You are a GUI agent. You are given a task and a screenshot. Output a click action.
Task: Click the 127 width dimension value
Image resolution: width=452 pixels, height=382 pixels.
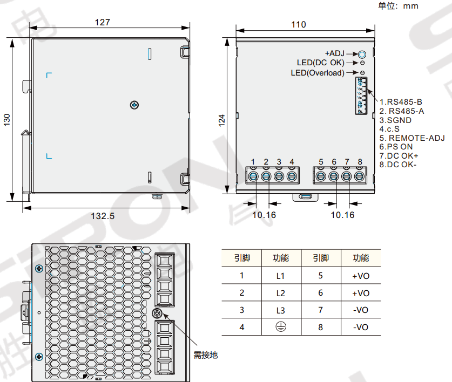click(x=102, y=22)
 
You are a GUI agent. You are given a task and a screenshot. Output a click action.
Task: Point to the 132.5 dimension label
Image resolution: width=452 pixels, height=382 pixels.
click(x=102, y=216)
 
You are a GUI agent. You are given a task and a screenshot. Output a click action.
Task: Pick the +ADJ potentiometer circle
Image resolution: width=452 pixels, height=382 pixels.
click(x=362, y=54)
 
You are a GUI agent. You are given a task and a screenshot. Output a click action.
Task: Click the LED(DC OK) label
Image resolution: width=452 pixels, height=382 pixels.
click(x=320, y=63)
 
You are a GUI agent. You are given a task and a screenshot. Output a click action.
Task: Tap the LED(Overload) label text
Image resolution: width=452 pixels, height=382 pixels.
click(x=318, y=73)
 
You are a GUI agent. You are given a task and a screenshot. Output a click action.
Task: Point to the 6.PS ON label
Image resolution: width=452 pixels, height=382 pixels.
click(x=396, y=146)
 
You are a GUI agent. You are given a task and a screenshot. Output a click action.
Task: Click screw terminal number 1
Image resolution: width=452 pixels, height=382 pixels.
click(x=253, y=175)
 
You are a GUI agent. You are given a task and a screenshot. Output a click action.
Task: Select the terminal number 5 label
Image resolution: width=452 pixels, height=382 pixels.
click(x=321, y=162)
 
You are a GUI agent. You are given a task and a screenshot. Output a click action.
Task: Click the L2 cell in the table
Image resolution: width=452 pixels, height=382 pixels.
click(x=280, y=293)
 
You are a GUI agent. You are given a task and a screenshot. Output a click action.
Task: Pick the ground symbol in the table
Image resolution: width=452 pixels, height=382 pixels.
click(x=280, y=327)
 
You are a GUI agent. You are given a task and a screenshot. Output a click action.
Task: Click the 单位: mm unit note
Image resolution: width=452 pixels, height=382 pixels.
click(x=398, y=6)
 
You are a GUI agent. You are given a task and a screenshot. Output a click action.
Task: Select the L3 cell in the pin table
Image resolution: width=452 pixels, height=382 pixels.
click(x=280, y=310)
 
